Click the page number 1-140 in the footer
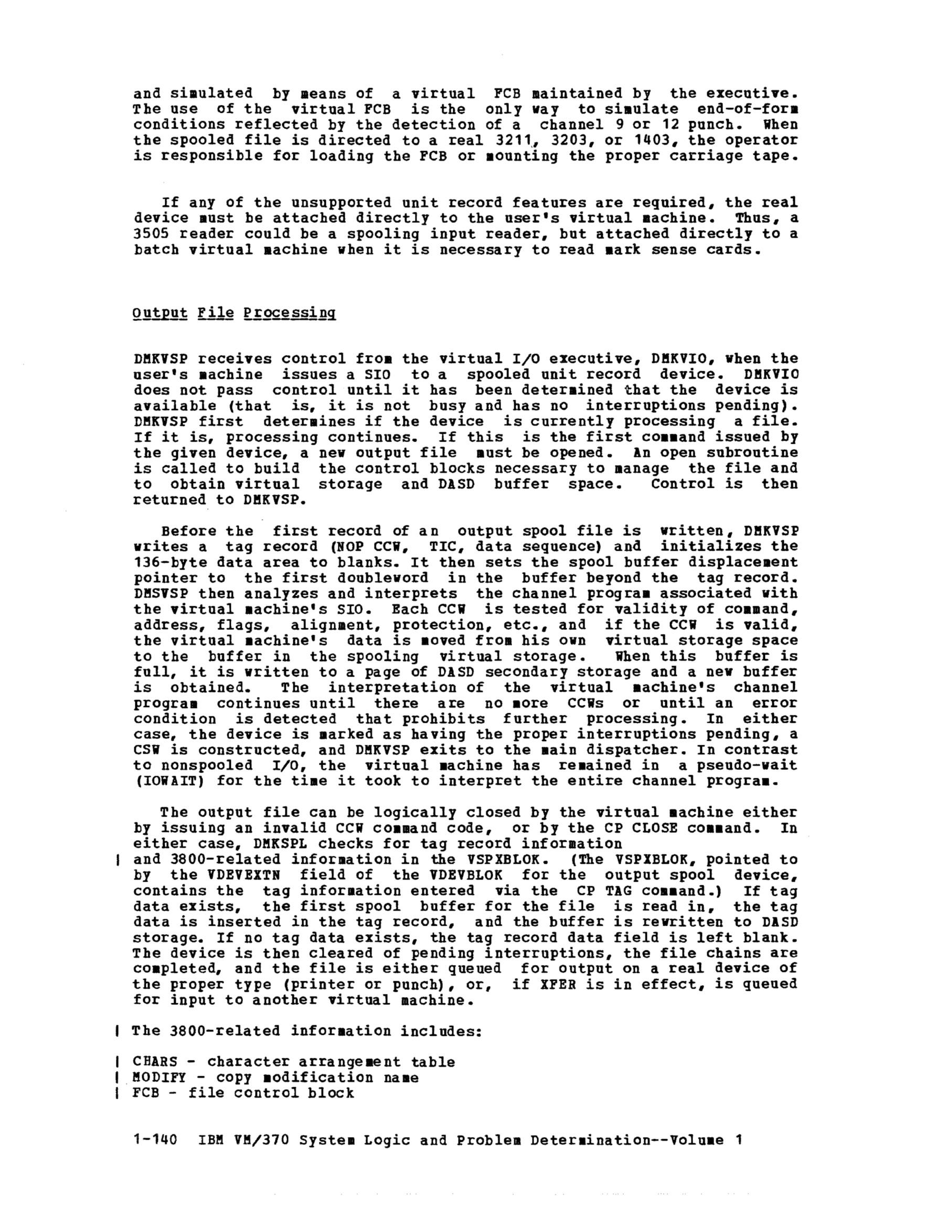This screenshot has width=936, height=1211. click(155, 1141)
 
